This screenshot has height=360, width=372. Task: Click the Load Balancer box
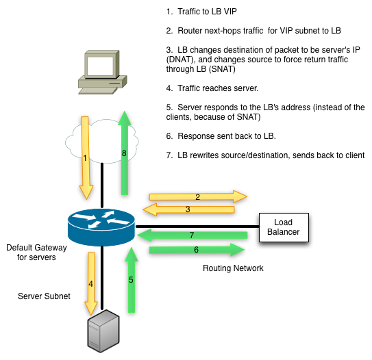click(x=284, y=227)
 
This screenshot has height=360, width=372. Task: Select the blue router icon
click(x=101, y=227)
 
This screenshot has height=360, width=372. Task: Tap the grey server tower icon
click(x=103, y=331)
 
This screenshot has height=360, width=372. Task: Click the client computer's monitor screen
click(x=100, y=66)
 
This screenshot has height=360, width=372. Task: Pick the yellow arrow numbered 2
click(x=198, y=196)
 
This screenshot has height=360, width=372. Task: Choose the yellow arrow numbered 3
click(x=188, y=209)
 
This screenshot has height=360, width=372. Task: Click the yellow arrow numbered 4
click(x=91, y=283)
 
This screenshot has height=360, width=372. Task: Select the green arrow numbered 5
click(x=132, y=280)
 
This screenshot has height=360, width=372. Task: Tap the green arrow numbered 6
click(x=197, y=250)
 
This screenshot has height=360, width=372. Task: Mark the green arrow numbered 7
click(x=193, y=235)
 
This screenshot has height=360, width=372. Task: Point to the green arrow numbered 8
click(x=125, y=153)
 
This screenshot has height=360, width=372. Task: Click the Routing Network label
click(x=233, y=268)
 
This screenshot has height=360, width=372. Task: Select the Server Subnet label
click(x=44, y=296)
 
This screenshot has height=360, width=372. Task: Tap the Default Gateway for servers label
click(x=36, y=253)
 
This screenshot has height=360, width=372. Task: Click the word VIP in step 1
click(x=230, y=12)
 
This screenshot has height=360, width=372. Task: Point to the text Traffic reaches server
click(x=218, y=88)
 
